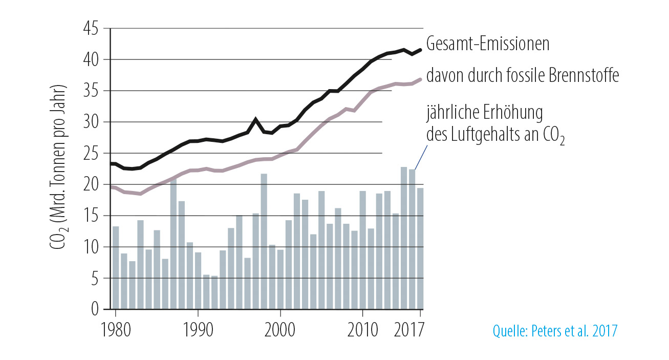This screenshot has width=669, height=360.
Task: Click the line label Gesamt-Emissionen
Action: tap(488, 44)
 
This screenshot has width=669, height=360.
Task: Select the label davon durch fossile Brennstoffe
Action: tap(523, 76)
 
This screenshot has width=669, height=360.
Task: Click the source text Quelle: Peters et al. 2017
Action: tap(555, 331)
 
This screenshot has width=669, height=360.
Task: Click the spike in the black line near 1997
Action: tap(255, 120)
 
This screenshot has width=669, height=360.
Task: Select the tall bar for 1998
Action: tap(264, 241)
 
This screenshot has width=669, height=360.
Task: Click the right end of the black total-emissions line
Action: tap(420, 50)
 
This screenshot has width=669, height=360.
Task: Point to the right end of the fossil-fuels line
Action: tap(420, 79)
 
